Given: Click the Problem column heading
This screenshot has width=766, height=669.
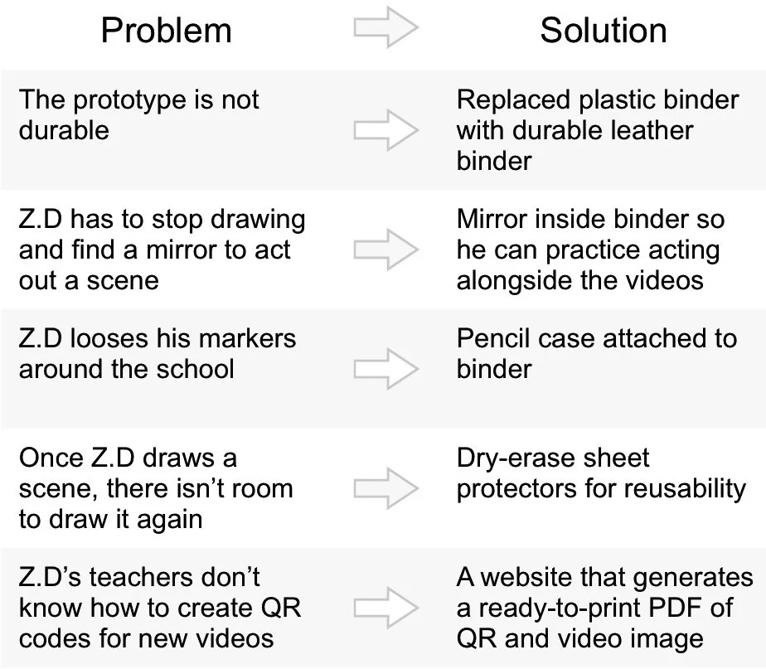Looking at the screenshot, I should [x=166, y=32].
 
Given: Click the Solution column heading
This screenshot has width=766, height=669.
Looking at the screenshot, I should [x=603, y=32].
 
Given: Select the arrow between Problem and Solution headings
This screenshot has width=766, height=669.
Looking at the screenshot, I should [x=385, y=28].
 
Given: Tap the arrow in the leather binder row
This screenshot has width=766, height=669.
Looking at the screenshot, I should [x=385, y=130].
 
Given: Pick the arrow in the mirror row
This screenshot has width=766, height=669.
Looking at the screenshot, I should [x=385, y=250].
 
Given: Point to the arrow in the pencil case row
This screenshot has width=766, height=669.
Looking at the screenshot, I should [x=385, y=369].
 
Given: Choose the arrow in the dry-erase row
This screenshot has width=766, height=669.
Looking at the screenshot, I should [x=385, y=488].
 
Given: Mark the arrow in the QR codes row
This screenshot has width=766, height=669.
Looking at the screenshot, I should [x=385, y=608].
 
